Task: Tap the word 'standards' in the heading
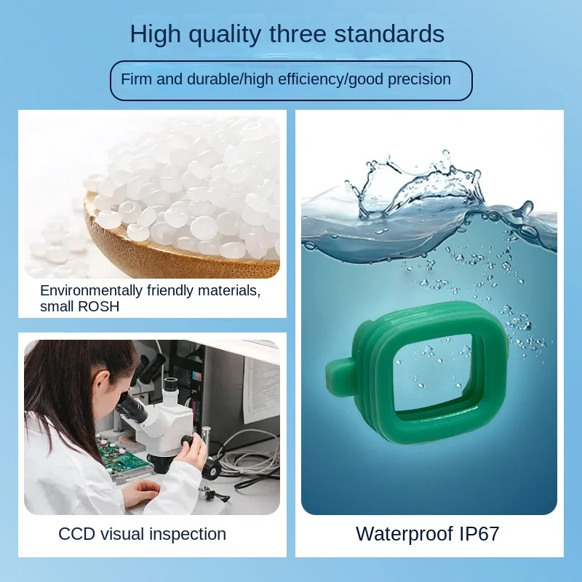point(389,33)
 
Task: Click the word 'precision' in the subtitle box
point(419,80)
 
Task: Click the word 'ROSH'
point(99,306)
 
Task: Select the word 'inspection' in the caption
point(188,535)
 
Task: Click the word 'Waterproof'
point(404,534)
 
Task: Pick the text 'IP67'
point(479,534)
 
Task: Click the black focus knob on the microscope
point(188,442)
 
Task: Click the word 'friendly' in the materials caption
point(170,290)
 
